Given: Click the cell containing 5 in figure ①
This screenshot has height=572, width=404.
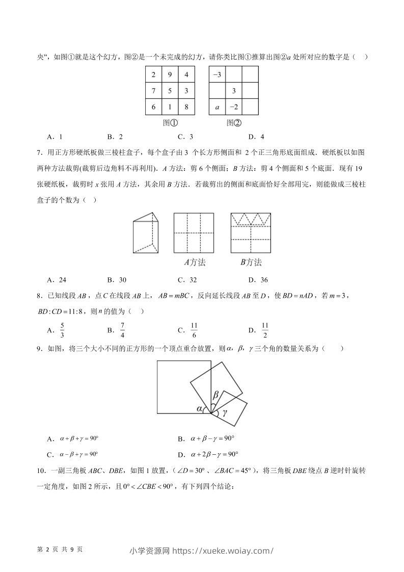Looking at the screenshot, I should pos(171,91).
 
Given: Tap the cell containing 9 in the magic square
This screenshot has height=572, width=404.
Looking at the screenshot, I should pos(171,74).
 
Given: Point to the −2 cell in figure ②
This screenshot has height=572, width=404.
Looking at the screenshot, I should pos(233,107).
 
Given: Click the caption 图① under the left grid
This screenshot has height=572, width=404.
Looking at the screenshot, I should pos(171,123).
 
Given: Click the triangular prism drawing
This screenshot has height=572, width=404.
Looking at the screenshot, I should pos(146,233).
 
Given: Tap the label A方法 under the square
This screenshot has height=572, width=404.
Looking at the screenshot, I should pos(195,263).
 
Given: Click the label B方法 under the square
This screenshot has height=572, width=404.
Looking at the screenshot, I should pos(251,263).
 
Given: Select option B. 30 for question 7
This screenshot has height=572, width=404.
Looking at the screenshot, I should pos(116,279).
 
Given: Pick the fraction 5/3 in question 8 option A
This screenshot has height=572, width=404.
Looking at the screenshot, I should pos(62,330).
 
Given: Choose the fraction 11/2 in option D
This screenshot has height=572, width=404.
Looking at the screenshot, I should pos(264,330).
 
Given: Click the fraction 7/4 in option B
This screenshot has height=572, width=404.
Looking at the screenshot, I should pos(122,330).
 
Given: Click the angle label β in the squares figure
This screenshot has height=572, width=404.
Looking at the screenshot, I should pos(216,395).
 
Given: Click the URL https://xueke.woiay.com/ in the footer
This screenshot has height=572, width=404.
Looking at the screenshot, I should pos(223,550).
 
